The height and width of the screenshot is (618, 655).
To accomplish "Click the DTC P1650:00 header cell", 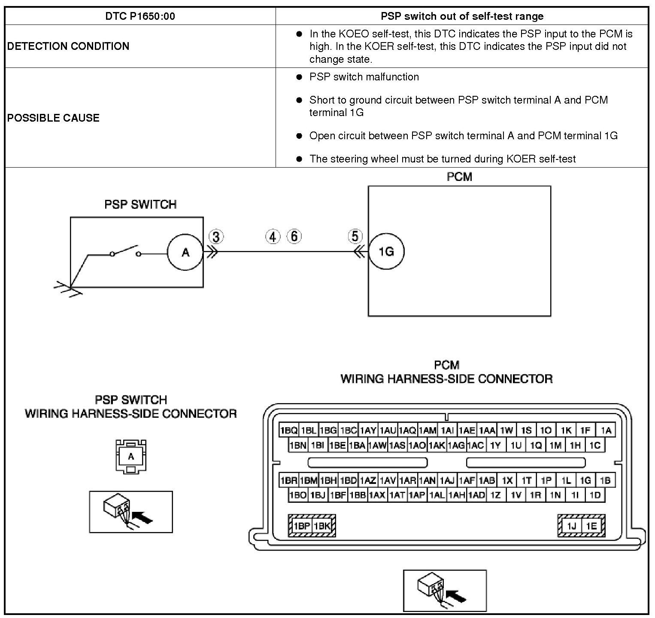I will pos(140,16).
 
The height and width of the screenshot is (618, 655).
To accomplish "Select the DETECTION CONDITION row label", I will pos(68,46).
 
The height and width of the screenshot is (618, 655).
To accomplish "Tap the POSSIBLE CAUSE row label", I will pos(53,118).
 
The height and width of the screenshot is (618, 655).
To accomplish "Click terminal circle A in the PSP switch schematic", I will pos(185,252).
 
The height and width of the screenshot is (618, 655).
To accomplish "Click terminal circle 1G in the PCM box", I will pos(386,251).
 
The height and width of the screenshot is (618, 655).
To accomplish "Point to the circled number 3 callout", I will pos(216,237).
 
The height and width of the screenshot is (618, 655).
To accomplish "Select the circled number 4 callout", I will pos(273,236).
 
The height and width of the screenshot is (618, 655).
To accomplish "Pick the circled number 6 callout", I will pos(294,236).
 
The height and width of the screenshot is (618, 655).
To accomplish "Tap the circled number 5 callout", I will pos(355,236).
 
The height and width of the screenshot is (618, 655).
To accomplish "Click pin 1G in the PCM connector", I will pos(585,480).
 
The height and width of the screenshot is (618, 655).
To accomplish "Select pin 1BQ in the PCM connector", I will pos(288,430).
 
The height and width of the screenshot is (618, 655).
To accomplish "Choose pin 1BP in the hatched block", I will pos(301,526).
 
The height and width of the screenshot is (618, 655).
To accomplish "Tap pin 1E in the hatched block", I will pos(591,526).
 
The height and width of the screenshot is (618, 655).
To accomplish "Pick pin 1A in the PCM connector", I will pos(606,430).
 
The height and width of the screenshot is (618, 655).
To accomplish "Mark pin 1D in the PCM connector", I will pos(595,495).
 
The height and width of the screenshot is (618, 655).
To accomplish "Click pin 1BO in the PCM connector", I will pos(298,495).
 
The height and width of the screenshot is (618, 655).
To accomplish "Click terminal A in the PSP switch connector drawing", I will pos(131,456).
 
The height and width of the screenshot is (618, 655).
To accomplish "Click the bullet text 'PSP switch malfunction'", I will pos(364,77).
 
